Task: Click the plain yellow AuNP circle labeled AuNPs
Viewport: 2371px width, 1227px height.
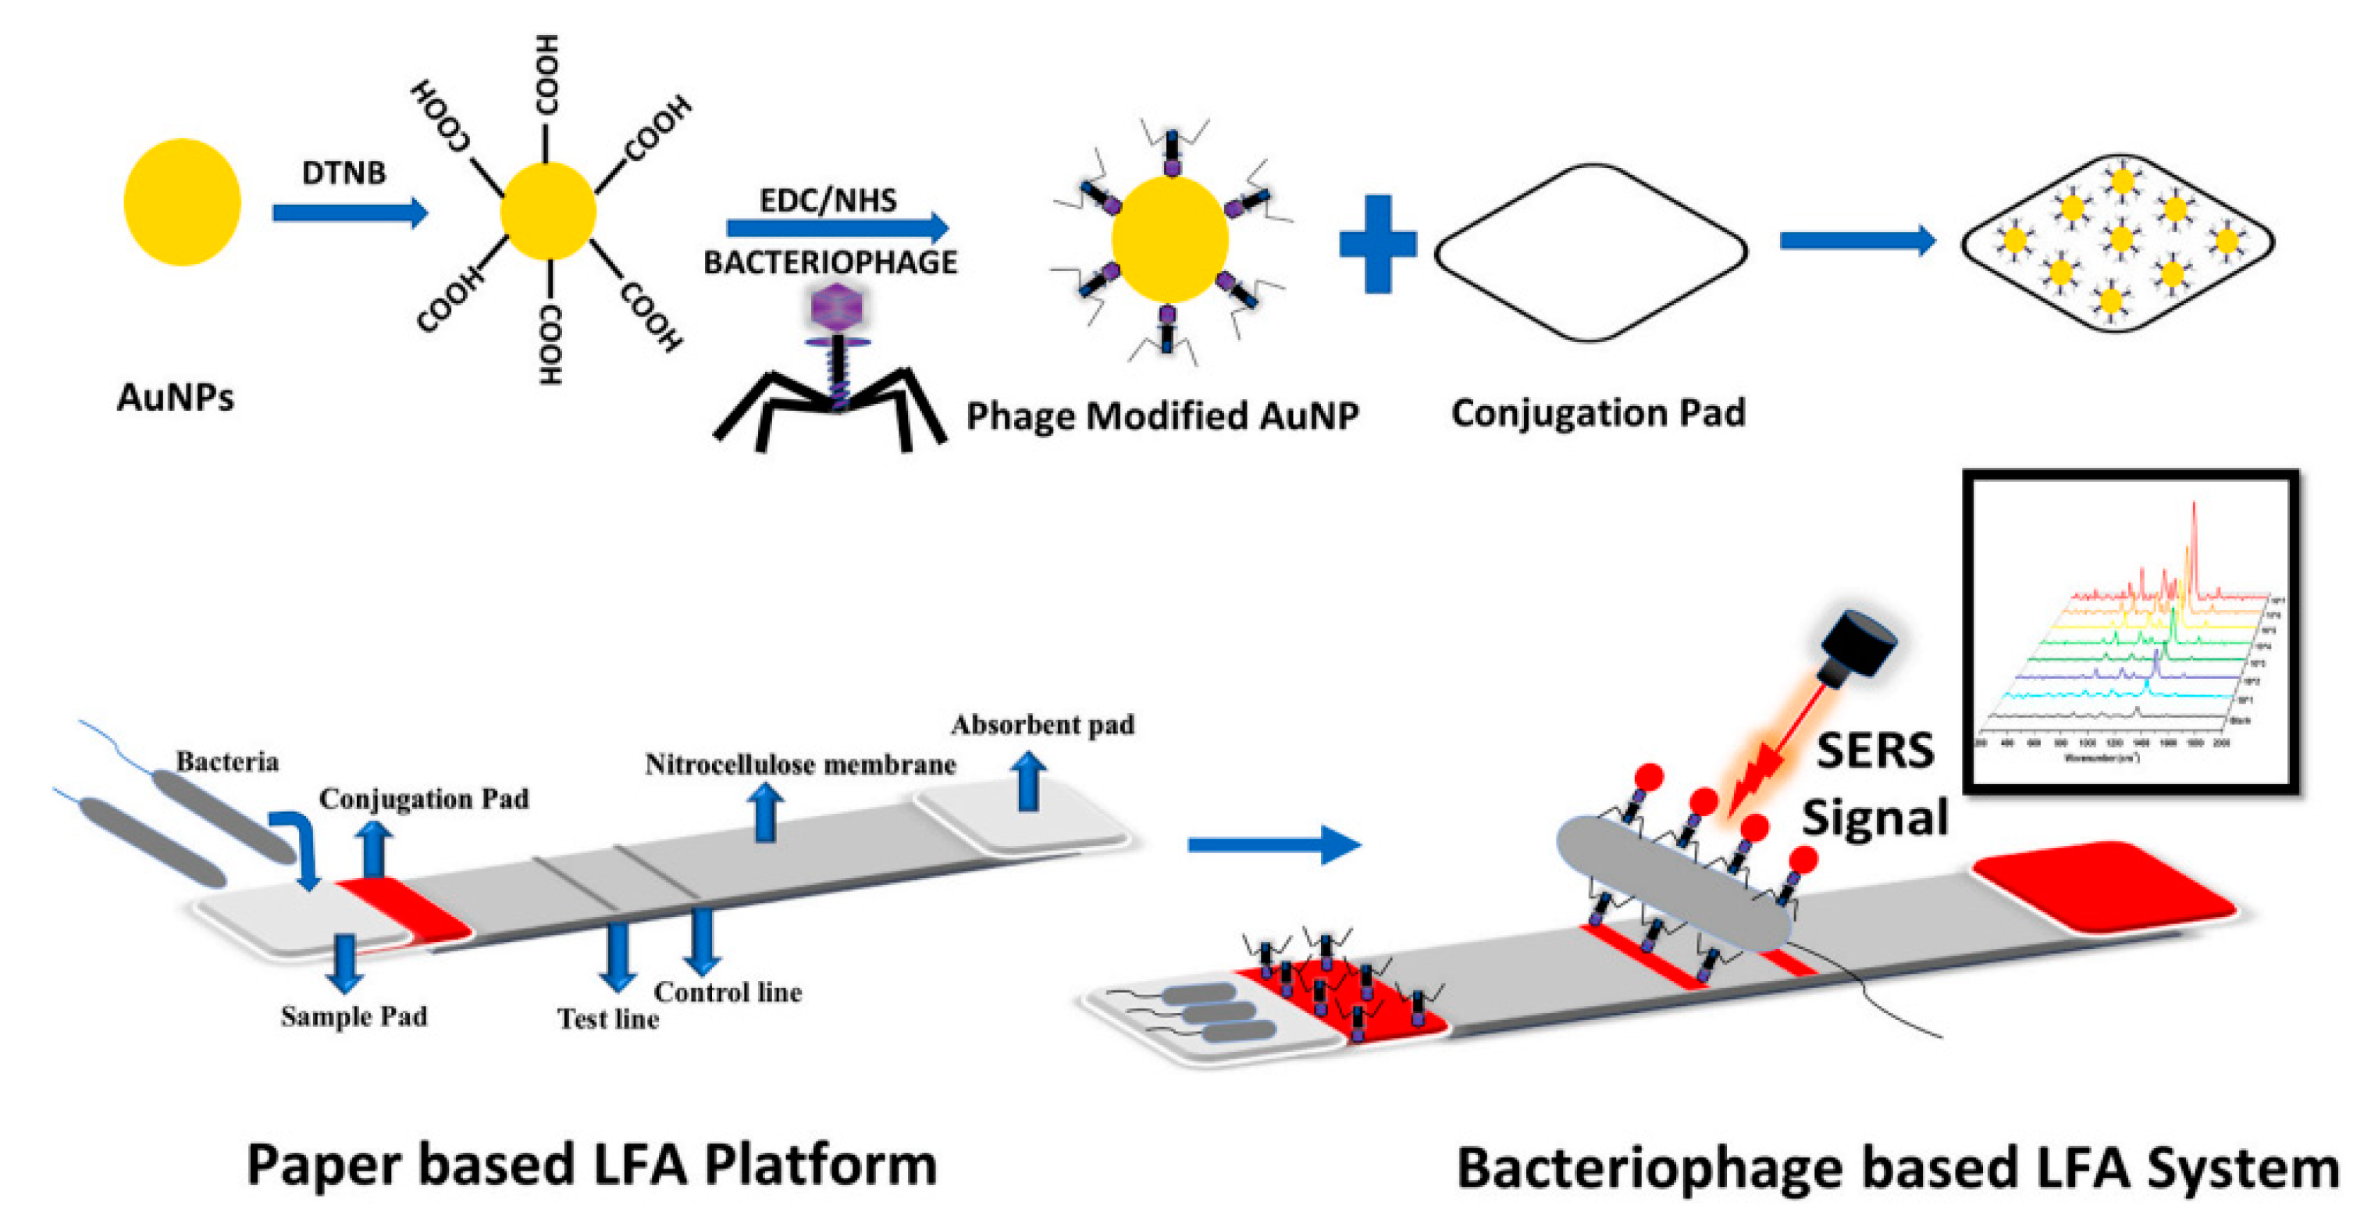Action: pos(181,202)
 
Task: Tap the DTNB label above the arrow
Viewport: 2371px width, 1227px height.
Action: pos(344,173)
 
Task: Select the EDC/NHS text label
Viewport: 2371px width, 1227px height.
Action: pos(828,200)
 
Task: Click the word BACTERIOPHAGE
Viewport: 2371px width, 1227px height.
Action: pos(830,262)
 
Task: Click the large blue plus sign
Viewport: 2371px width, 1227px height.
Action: pos(1377,244)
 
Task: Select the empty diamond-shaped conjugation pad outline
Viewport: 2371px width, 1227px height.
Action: pos(1590,253)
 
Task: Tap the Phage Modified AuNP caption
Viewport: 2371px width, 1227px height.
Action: pos(1162,416)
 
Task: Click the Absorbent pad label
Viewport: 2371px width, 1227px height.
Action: pos(1042,726)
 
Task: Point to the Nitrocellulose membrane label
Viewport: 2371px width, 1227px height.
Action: pos(800,765)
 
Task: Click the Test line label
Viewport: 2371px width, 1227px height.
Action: pos(607,1019)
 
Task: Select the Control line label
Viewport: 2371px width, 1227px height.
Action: pos(727,992)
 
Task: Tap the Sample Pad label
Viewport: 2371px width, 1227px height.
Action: pos(354,1016)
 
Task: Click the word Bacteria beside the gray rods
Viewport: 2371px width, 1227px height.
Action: pos(227,762)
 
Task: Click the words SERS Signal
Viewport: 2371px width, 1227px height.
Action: pos(1875,783)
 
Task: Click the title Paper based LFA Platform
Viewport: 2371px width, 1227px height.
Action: pos(592,1165)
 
